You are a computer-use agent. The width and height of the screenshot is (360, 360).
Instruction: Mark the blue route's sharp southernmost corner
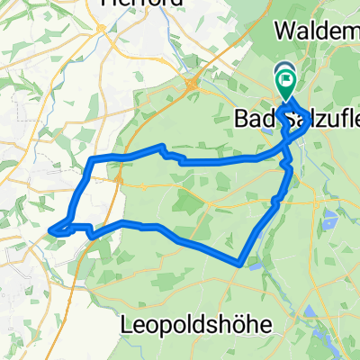240,264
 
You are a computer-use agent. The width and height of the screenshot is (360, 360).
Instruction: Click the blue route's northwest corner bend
91,161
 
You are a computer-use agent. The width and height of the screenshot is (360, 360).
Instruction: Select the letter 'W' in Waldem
284,31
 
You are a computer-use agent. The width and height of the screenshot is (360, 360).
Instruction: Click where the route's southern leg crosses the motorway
94,236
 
